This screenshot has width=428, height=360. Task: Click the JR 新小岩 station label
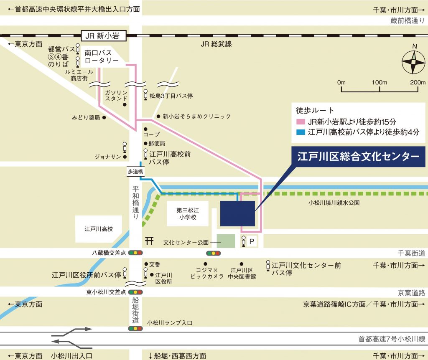tap(102, 36)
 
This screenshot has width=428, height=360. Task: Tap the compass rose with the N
tap(413, 62)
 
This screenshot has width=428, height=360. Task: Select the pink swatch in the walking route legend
tap(301, 122)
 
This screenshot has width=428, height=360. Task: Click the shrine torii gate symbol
tap(149, 241)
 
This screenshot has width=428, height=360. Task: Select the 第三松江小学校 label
tap(186, 214)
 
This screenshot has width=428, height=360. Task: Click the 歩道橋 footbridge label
tap(135, 171)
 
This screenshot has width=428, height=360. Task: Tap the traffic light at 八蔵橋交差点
tap(135, 253)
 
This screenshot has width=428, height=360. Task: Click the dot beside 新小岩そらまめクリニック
tap(158, 116)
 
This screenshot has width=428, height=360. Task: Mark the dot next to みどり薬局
tap(104, 118)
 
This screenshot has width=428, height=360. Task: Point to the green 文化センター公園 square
tap(226, 241)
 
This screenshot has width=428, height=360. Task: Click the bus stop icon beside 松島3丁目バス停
tap(145, 95)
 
